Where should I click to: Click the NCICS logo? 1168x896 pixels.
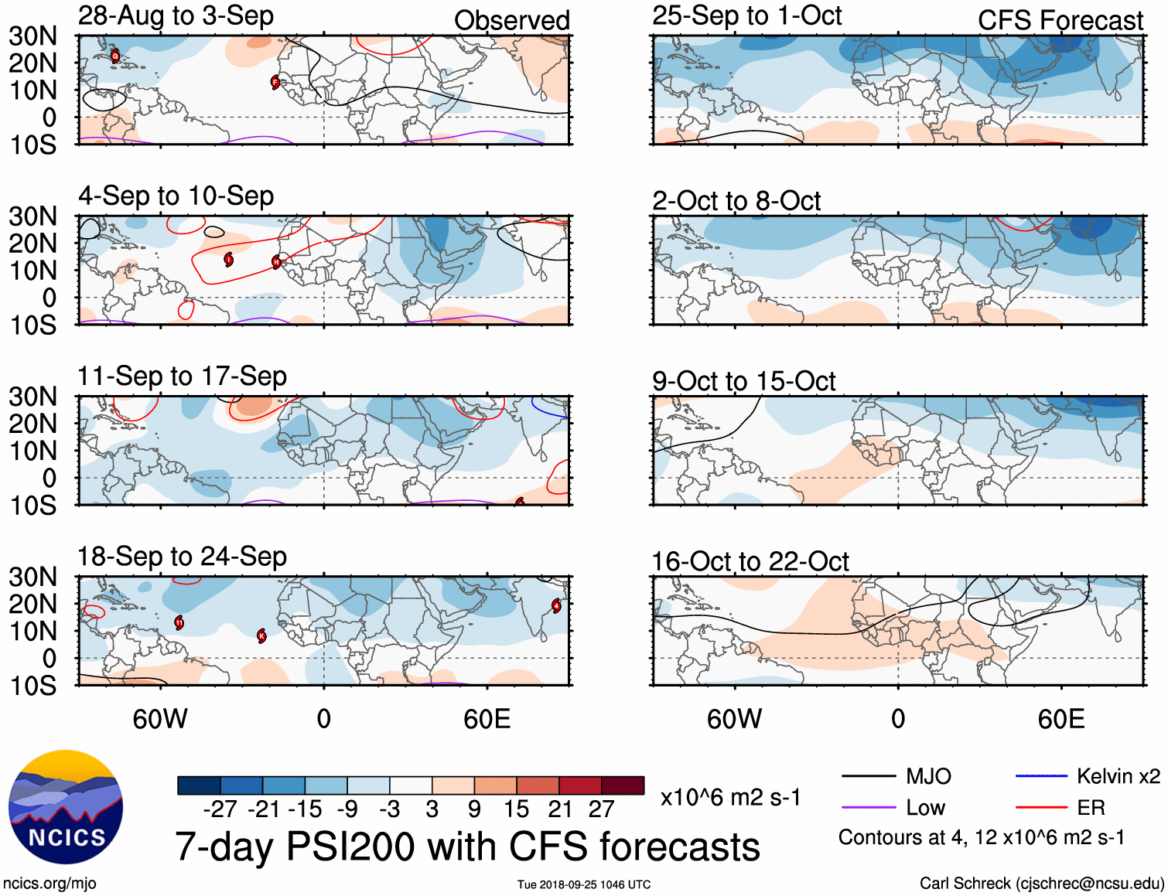[66, 808]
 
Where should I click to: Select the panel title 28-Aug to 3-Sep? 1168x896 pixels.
[176, 15]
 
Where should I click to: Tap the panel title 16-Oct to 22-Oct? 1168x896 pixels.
[750, 561]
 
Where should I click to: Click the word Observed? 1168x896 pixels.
[511, 21]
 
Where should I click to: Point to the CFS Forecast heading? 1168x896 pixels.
[1060, 21]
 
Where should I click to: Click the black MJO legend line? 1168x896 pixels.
[868, 776]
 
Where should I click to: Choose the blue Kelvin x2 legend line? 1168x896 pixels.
[1041, 776]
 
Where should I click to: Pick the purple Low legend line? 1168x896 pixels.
[868, 808]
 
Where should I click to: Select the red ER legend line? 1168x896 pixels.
[1041, 808]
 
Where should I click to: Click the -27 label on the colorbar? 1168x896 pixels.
[220, 809]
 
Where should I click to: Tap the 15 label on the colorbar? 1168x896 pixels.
[516, 809]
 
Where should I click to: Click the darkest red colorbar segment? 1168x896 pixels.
[623, 785]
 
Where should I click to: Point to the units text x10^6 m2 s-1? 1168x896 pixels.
[730, 798]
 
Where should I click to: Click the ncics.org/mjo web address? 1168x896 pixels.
[50, 884]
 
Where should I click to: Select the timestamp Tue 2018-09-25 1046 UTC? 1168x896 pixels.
[584, 884]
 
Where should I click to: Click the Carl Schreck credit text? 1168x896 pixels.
[1041, 884]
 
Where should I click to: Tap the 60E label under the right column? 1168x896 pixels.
[1060, 720]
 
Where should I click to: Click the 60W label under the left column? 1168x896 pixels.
[160, 720]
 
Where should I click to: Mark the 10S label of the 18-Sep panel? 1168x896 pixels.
[33, 686]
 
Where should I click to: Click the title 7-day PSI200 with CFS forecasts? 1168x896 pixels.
[467, 847]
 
